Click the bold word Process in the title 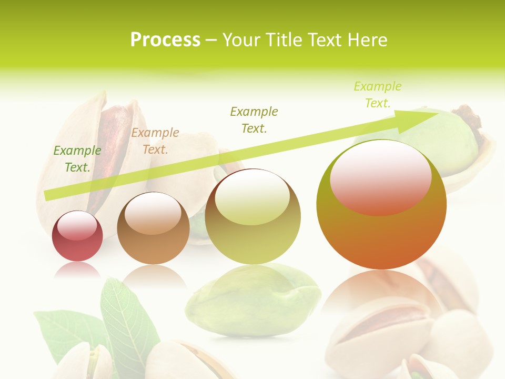165,40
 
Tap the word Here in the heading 367,40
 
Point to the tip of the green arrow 437,113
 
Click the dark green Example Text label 77,159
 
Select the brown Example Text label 155,141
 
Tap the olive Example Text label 254,120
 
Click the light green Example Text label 377,95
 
